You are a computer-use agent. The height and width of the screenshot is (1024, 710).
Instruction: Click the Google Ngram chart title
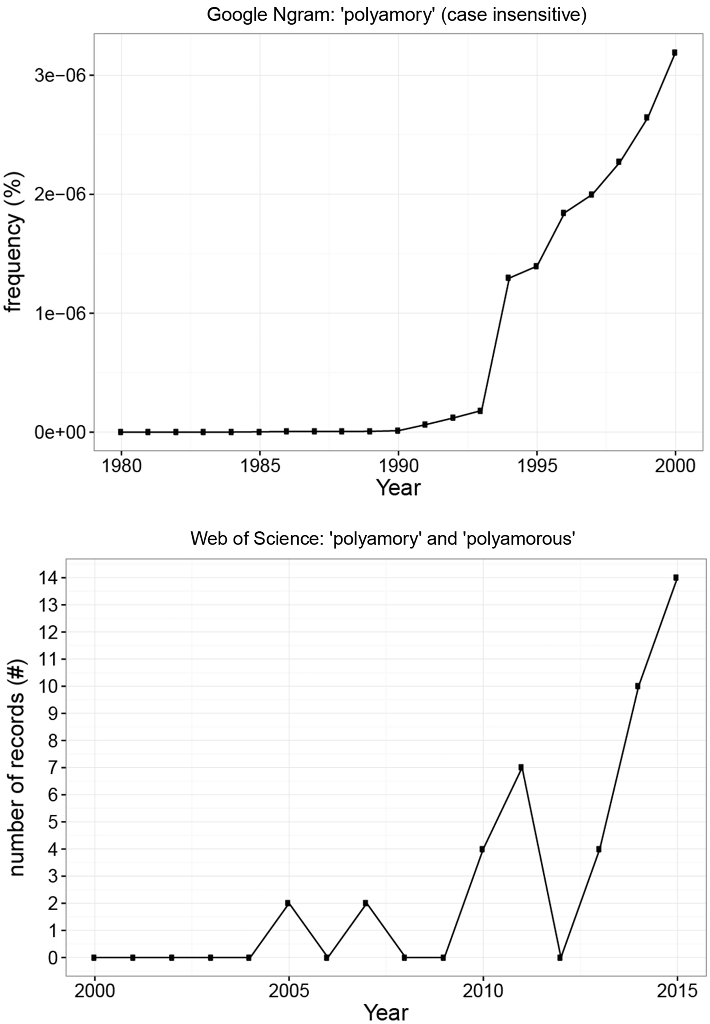(396, 15)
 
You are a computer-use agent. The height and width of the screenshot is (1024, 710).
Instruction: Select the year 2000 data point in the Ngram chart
(675, 53)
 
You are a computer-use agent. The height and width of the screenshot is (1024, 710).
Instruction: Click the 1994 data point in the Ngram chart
(508, 278)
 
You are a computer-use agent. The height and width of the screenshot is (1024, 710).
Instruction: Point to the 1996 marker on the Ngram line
(564, 213)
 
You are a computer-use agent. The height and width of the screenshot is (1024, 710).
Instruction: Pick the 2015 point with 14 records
(676, 578)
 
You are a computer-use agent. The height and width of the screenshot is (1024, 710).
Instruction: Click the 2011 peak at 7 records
(521, 768)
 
